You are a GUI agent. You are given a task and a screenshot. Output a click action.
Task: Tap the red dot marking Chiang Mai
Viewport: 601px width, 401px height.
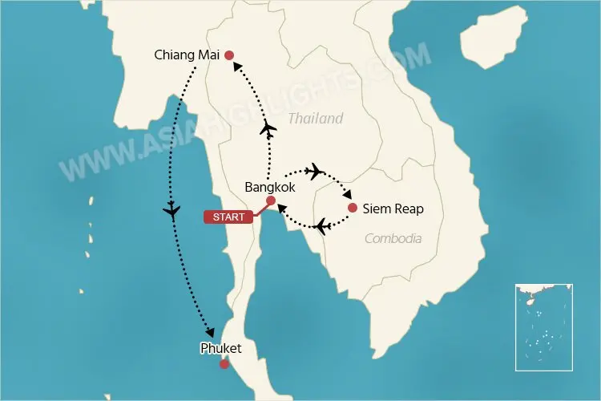(229, 55)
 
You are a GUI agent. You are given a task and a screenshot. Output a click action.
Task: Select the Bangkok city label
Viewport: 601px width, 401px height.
(269, 187)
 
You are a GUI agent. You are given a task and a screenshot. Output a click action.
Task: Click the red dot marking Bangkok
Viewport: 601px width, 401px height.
(271, 200)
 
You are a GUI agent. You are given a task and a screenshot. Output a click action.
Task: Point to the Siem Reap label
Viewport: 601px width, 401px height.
(393, 209)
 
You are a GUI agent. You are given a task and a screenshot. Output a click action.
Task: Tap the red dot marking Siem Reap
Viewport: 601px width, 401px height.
(353, 209)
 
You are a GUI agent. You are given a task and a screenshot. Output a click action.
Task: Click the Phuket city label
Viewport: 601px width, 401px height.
(222, 348)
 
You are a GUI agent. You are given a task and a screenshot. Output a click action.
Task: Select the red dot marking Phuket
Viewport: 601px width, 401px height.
(224, 364)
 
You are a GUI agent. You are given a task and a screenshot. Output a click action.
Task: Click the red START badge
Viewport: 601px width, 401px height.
(229, 217)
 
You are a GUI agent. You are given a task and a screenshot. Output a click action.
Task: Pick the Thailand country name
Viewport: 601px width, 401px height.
(316, 119)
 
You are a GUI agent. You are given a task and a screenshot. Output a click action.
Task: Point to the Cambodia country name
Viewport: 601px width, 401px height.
(393, 238)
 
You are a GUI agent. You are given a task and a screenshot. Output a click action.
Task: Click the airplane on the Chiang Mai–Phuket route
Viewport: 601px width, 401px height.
(171, 211)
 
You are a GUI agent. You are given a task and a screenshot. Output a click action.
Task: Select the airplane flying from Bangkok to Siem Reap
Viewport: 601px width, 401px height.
(314, 170)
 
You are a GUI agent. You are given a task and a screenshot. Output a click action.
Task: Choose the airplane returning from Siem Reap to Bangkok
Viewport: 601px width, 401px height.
(321, 227)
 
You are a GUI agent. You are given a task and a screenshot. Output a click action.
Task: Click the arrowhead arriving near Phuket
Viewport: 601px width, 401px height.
(211, 332)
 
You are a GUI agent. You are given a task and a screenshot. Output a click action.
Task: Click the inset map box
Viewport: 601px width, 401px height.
(544, 326)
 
